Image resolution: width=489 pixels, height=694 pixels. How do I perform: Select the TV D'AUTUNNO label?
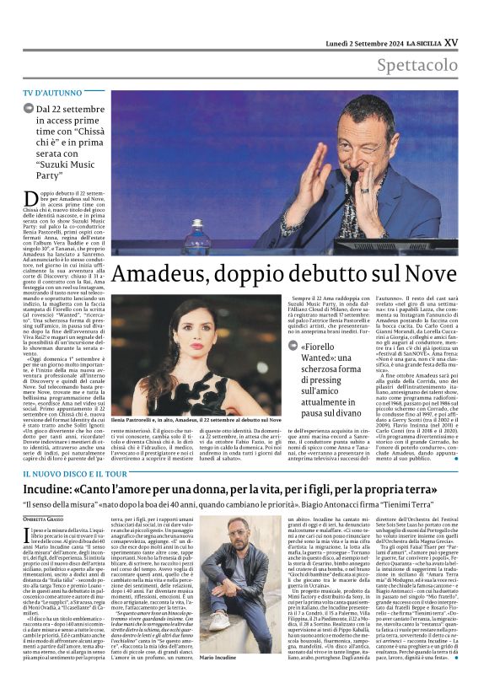[53, 91]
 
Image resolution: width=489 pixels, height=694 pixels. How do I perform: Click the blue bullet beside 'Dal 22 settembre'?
[30, 110]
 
